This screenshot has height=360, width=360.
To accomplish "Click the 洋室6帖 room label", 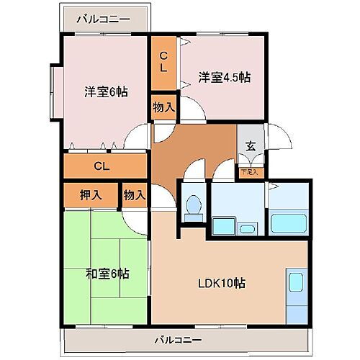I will pos(106,91).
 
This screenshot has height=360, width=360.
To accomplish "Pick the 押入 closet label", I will pos(90,194).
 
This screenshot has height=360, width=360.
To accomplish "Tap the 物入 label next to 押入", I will pos(135,194).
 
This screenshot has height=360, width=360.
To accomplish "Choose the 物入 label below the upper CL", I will pos(164,108).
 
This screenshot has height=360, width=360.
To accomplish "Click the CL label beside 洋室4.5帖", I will pos(164,63).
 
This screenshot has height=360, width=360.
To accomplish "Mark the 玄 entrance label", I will pos(251,146).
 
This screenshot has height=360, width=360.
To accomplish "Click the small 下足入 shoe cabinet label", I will pos(249,172).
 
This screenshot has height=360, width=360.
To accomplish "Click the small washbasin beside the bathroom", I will pos(247,229).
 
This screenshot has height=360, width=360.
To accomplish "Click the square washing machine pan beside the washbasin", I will pos(223,227).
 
